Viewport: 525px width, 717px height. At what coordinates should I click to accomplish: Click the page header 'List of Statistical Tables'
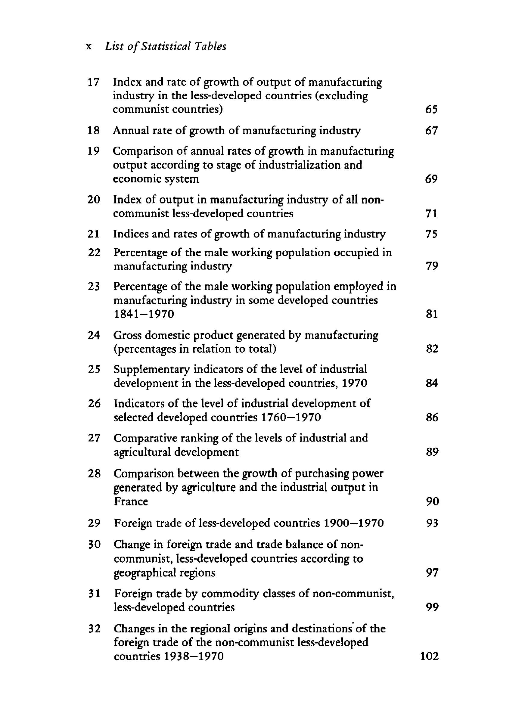[x=166, y=47]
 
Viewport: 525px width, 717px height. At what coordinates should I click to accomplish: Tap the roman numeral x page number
[x=89, y=47]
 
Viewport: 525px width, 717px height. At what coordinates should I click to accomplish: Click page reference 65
[x=431, y=110]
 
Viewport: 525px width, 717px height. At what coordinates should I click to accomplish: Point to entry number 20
[x=94, y=200]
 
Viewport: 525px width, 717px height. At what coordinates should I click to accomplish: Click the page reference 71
[x=431, y=213]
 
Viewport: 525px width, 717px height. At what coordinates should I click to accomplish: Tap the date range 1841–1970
[x=144, y=314]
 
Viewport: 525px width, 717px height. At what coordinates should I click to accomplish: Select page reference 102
[x=429, y=656]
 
